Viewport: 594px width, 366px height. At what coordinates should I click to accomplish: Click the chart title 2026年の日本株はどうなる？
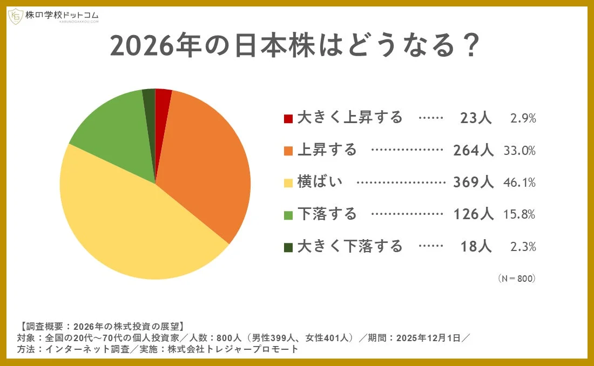(x=295, y=46)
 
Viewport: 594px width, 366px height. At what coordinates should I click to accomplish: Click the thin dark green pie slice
(x=150, y=103)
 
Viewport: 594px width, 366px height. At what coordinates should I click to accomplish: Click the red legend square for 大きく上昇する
(x=288, y=118)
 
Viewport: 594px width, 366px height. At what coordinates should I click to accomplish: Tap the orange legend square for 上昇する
(x=288, y=150)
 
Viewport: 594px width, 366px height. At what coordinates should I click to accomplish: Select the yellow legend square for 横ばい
(x=288, y=182)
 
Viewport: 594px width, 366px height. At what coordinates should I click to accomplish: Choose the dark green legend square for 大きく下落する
(x=288, y=247)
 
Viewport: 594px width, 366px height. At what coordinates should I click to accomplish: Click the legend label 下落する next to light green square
(x=327, y=214)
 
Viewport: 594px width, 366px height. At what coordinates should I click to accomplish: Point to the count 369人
(x=473, y=182)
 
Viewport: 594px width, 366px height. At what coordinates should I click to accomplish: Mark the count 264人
(x=473, y=150)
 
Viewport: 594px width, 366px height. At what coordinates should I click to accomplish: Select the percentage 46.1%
(x=519, y=182)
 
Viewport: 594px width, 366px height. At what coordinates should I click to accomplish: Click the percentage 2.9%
(x=523, y=118)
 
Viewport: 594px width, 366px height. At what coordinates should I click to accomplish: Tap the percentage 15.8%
(x=519, y=214)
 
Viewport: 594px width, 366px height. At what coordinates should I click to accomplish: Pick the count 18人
(x=476, y=247)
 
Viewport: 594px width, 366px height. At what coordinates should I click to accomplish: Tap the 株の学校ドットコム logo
(x=53, y=16)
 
